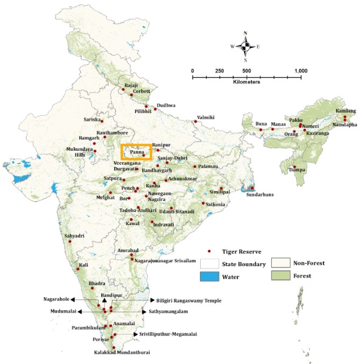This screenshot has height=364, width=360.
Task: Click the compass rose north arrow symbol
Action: pyautogui.click(x=245, y=46)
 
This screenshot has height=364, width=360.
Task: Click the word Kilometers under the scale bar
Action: pyautogui.click(x=247, y=82)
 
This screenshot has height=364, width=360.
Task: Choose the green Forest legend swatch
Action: pyautogui.click(x=280, y=276)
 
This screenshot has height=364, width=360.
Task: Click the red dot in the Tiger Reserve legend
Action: pyautogui.click(x=209, y=251)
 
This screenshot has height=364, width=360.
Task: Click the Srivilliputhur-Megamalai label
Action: pyautogui.click(x=168, y=334)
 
